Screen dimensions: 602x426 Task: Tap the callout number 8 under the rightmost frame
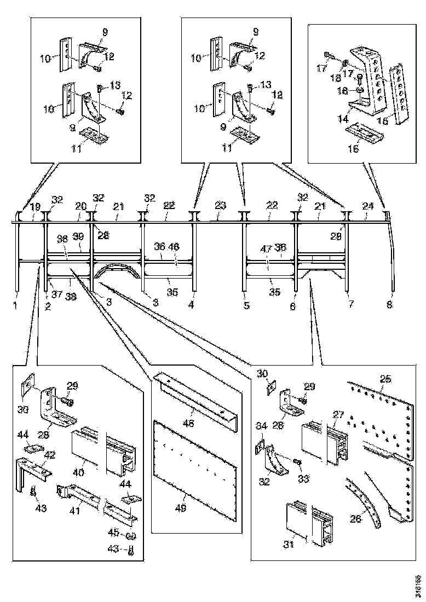click(x=389, y=305)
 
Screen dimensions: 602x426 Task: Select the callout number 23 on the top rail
click(x=220, y=206)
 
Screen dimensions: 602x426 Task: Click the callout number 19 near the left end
click(x=34, y=206)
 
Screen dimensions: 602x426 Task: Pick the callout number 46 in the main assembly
click(x=174, y=247)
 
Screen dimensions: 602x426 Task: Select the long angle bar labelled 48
click(x=194, y=394)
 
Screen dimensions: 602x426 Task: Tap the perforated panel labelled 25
click(x=383, y=421)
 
